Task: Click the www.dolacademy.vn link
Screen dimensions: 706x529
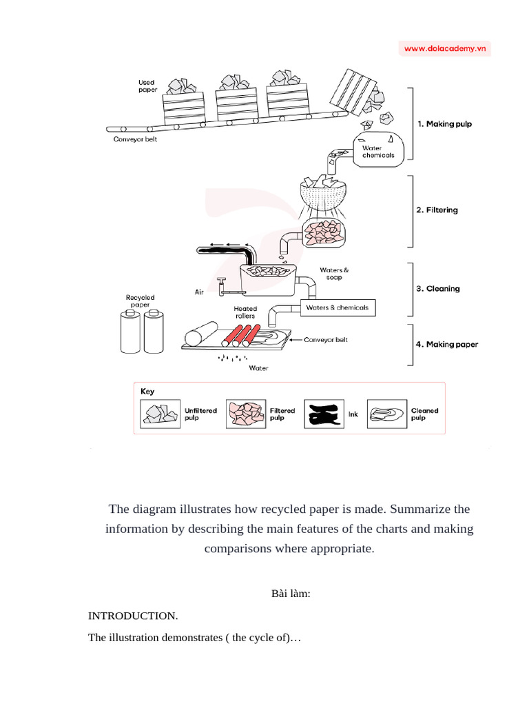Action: [x=445, y=48]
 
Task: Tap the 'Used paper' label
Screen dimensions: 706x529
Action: [x=147, y=86]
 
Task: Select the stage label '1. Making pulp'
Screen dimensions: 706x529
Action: [x=444, y=124]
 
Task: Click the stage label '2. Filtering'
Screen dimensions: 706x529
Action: [x=437, y=210]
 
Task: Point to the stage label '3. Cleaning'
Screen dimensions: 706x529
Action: [x=437, y=289]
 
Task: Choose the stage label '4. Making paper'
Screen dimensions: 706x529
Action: [x=447, y=344]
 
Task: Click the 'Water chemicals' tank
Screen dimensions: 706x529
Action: [x=378, y=150]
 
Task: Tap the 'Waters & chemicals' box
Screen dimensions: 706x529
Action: [x=338, y=307]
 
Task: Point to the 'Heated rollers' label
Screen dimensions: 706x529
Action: [x=245, y=312]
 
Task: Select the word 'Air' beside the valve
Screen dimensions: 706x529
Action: [x=200, y=292]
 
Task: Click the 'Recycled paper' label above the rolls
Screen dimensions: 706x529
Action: [x=140, y=301]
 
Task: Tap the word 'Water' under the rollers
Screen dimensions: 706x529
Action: [x=258, y=368]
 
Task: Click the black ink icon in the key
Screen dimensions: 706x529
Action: [x=324, y=414]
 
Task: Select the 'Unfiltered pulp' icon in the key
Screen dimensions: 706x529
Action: [x=160, y=414]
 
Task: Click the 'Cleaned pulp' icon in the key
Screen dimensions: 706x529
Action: [x=387, y=414]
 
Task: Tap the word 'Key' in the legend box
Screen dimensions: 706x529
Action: [x=147, y=391]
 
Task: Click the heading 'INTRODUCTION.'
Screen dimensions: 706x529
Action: [x=133, y=616]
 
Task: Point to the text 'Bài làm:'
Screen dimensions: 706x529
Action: [x=292, y=594]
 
